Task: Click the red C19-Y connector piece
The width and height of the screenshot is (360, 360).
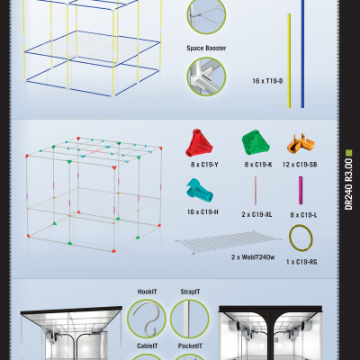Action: (x=199, y=143)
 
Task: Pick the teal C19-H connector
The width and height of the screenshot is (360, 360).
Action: (x=199, y=192)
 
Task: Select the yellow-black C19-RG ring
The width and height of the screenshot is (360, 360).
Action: (x=299, y=238)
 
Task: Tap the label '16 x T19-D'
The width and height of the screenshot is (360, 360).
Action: (x=267, y=81)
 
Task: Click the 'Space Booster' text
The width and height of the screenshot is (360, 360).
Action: (x=206, y=49)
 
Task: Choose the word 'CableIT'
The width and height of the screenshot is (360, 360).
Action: (x=146, y=346)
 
